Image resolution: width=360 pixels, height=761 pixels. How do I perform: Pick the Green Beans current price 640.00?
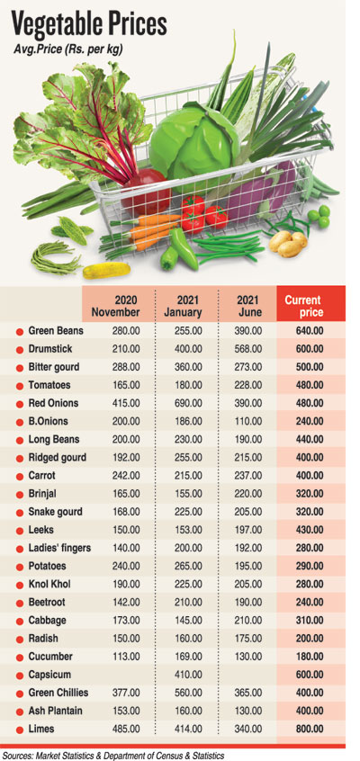click(310, 331)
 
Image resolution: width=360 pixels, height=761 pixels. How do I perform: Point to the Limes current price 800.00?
click(310, 729)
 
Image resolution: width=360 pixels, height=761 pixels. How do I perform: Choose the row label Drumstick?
click(50, 349)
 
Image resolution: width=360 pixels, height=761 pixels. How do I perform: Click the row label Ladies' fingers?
click(59, 549)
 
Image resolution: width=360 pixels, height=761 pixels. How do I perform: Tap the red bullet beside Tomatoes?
click(20, 386)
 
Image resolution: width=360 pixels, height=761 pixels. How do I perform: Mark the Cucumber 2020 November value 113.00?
click(127, 657)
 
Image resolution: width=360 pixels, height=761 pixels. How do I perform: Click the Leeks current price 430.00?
click(310, 530)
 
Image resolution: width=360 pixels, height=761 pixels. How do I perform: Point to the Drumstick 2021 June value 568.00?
click(249, 349)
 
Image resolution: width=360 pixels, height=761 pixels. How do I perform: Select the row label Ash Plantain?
click(56, 711)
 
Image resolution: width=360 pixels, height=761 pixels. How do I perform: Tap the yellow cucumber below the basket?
click(106, 271)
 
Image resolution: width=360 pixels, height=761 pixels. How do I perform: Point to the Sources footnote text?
click(112, 756)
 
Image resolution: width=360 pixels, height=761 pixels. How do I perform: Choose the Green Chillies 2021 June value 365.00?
click(249, 693)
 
